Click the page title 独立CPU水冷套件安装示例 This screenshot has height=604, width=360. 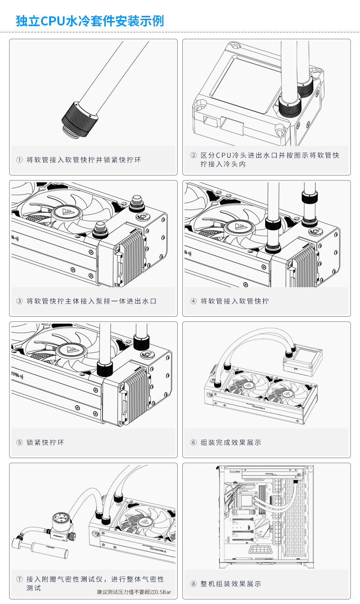[x=90, y=21]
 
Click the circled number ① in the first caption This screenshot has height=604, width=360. [x=19, y=160]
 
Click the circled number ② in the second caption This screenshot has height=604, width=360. [x=193, y=155]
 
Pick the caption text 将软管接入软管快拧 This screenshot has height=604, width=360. [x=235, y=301]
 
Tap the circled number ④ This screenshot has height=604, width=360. [x=193, y=301]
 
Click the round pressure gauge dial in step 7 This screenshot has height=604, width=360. [x=59, y=518]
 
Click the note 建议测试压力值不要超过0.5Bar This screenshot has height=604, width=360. [x=134, y=592]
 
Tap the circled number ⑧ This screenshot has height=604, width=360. [x=193, y=584]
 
